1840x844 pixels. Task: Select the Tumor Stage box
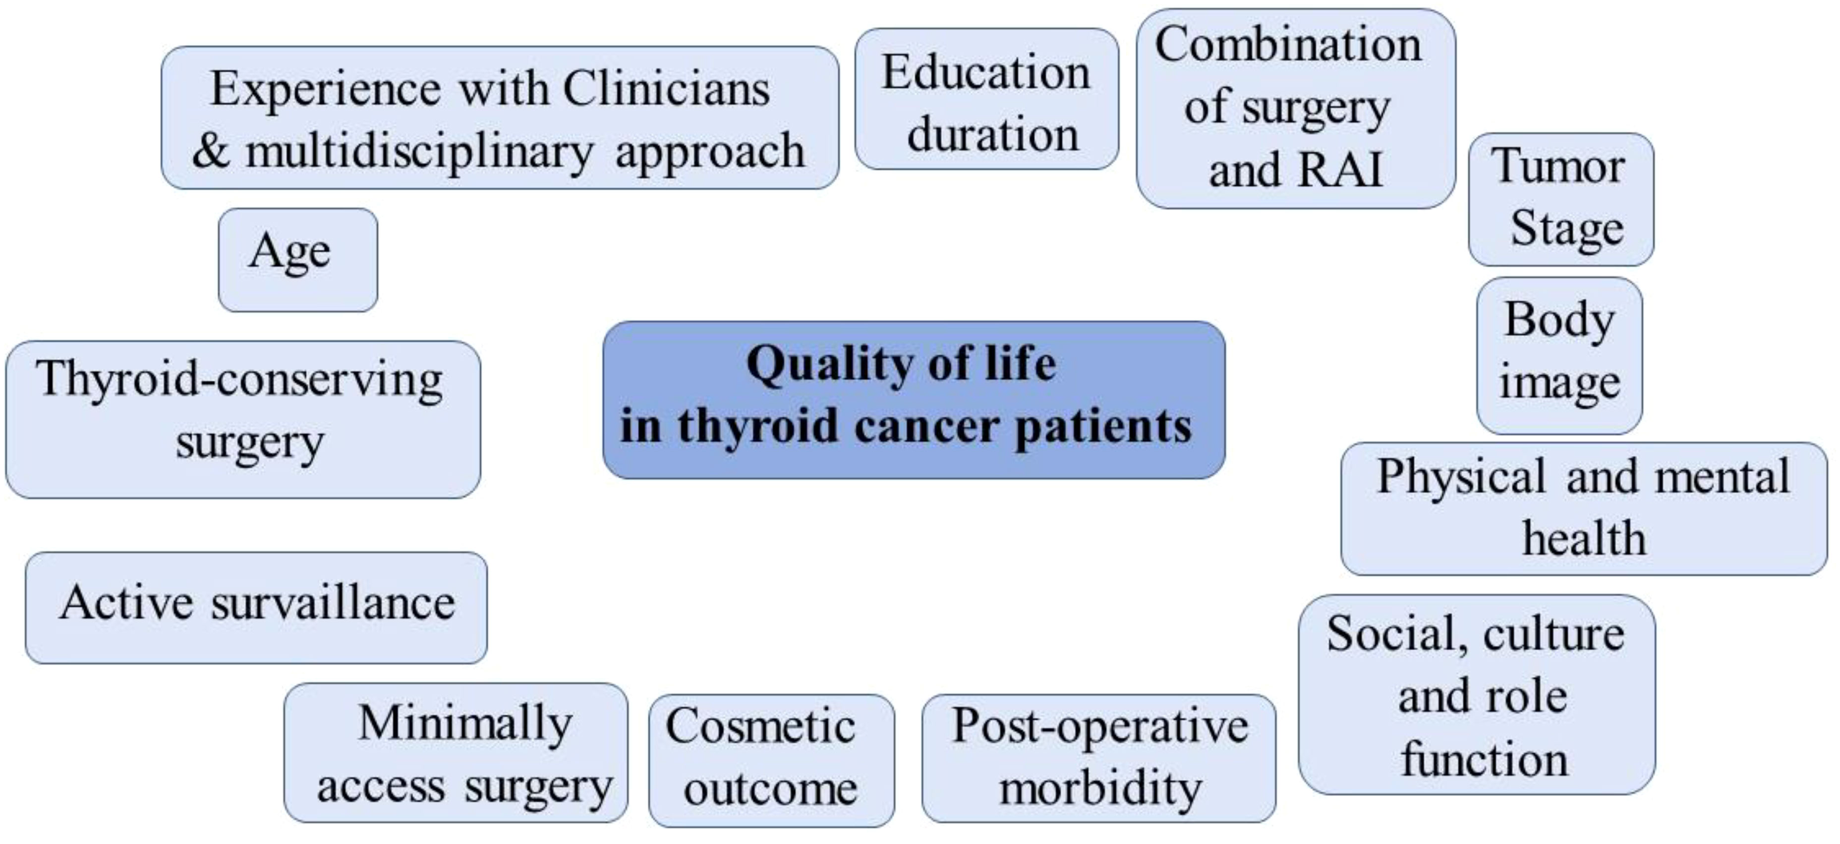[x=1561, y=199]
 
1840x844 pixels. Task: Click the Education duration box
[x=986, y=99]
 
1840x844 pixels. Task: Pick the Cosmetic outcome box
[x=771, y=760]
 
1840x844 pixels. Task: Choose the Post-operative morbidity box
[x=1098, y=758]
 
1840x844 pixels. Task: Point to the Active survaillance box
[x=256, y=607]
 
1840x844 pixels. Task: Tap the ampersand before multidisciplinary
[x=211, y=151]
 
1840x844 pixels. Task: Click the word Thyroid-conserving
[x=239, y=379]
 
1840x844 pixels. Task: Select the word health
[x=1584, y=538]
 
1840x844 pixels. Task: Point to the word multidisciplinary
[x=419, y=151]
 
